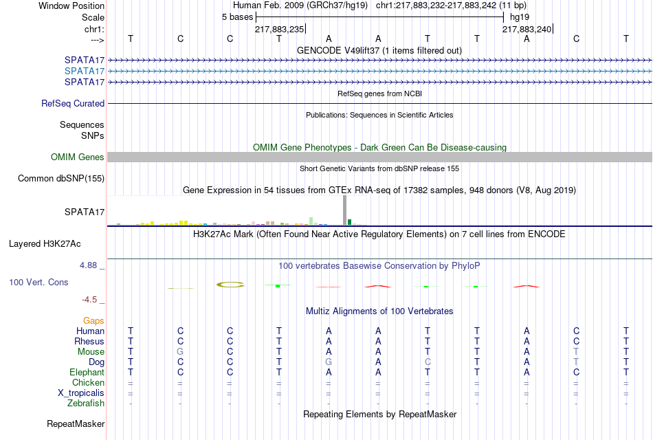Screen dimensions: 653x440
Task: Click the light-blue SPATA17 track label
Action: pyautogui.click(x=84, y=71)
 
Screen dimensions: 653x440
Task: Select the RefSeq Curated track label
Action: pyautogui.click(x=73, y=103)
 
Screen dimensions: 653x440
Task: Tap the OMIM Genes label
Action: pyautogui.click(x=78, y=157)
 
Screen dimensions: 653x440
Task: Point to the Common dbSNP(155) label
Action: pyautogui.click(x=61, y=178)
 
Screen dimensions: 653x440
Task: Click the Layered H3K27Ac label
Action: pyautogui.click(x=45, y=244)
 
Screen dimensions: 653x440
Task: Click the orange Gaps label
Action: pyautogui.click(x=93, y=320)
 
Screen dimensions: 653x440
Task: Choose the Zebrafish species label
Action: pyautogui.click(x=86, y=404)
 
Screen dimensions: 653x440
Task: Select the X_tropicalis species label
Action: pyautogui.click(x=81, y=393)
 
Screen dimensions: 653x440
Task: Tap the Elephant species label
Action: pyautogui.click(x=87, y=372)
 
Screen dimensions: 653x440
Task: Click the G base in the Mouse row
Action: pyautogui.click(x=180, y=352)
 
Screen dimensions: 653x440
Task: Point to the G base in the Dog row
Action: pyautogui.click(x=329, y=362)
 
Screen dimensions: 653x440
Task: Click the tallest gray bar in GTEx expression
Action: pyautogui.click(x=344, y=210)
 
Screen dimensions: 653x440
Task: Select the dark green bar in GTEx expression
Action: pyautogui.click(x=349, y=222)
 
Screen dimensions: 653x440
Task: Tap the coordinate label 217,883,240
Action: pyautogui.click(x=527, y=29)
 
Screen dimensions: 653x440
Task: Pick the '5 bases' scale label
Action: pyautogui.click(x=237, y=17)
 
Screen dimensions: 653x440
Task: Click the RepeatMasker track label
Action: pyautogui.click(x=76, y=423)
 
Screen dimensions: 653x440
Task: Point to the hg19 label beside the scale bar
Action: pyautogui.click(x=520, y=17)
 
